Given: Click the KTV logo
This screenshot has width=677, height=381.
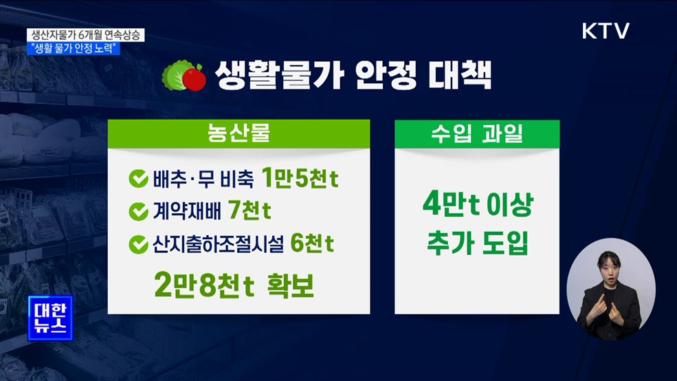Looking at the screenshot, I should (606, 31).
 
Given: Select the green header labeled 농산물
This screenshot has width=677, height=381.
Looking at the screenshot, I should (238, 133).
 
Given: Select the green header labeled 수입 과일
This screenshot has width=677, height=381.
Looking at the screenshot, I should (476, 133).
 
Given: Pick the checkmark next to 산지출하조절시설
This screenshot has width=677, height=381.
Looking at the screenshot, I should (137, 243).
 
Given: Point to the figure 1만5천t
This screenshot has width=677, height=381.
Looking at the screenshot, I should (300, 179).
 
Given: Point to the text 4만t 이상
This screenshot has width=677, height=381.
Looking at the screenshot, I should (477, 206).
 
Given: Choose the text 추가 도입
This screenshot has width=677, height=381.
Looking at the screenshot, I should (477, 244).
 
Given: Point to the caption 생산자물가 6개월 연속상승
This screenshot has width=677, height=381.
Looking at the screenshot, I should (87, 35).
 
